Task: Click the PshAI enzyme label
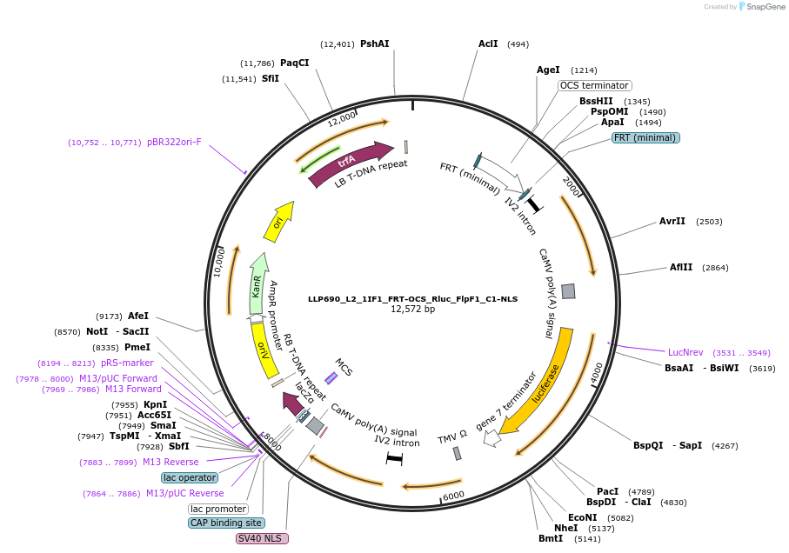(x=375, y=43)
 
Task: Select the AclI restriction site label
(x=488, y=43)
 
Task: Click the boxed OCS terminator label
(x=595, y=86)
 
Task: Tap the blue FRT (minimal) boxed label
(x=645, y=137)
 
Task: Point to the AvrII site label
(x=672, y=221)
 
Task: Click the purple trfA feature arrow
(x=348, y=163)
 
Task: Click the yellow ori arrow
(x=279, y=223)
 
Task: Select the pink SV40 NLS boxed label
(x=262, y=538)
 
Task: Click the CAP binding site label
(x=226, y=523)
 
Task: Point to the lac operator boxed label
(x=190, y=477)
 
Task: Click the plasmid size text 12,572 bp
(x=412, y=309)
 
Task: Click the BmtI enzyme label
(x=551, y=538)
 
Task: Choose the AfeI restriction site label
(x=138, y=316)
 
